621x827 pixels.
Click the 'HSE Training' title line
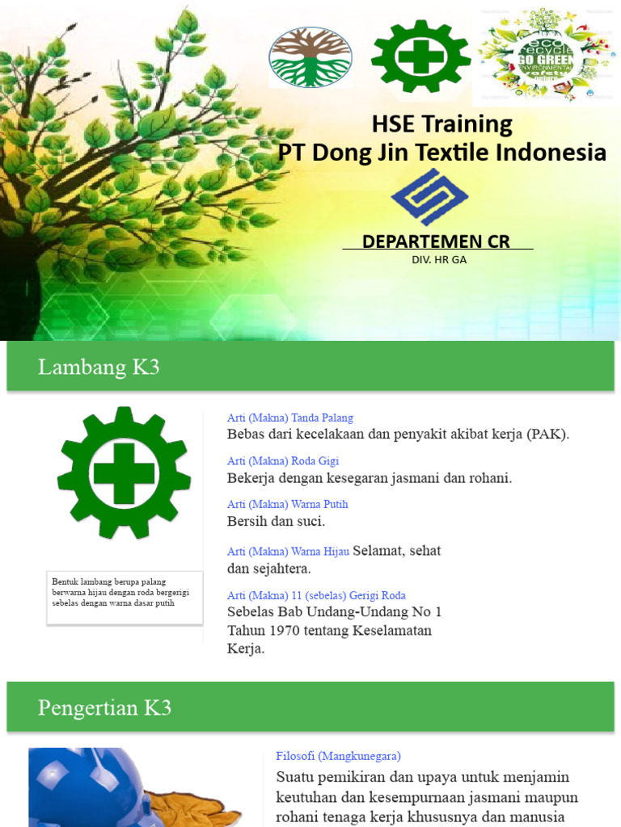point(441,124)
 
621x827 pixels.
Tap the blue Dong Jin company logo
point(429,197)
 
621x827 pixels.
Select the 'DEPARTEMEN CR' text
point(436,241)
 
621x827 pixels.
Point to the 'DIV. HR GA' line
point(439,259)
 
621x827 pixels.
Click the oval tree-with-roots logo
point(310,57)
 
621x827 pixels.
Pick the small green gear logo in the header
point(420,57)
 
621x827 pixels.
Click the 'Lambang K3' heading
point(99,367)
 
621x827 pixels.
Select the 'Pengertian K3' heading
point(104,708)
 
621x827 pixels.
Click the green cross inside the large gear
point(124,473)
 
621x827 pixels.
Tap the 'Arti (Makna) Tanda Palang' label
point(290,418)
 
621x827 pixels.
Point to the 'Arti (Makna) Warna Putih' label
point(287,504)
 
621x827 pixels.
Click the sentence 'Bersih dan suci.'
point(276,521)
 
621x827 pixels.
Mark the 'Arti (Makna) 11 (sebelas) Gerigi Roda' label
point(316,595)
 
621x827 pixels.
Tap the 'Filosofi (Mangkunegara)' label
point(338,756)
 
